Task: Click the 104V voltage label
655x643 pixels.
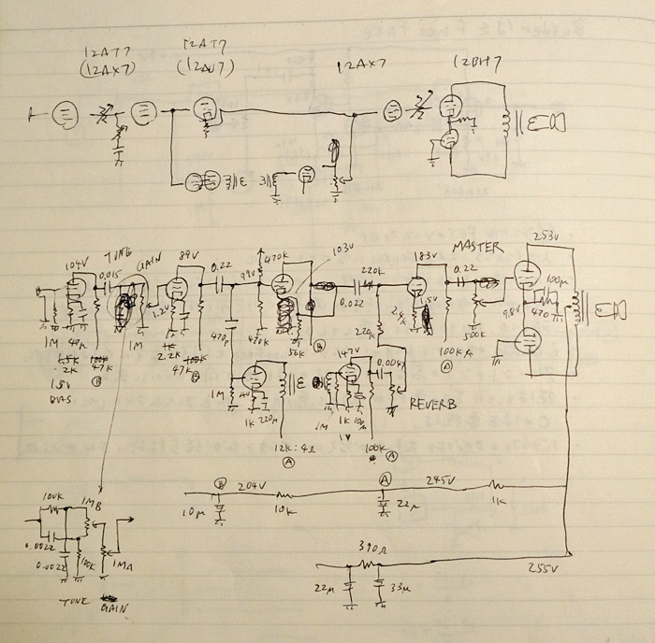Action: [76, 265]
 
